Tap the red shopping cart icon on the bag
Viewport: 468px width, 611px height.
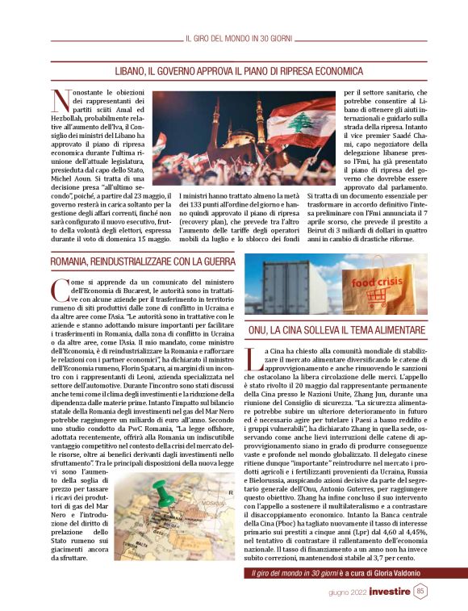(x=376, y=298)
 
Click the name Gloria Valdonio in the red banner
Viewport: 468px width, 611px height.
(x=385, y=572)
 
